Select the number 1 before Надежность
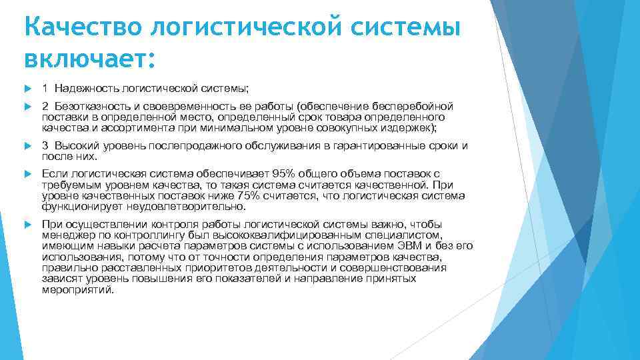click(45, 88)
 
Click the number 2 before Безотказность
click(45, 107)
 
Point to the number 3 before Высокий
click(45, 146)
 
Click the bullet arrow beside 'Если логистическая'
click(27, 174)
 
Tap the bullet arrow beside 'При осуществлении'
click(27, 225)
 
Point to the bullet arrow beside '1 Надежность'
click(27, 88)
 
